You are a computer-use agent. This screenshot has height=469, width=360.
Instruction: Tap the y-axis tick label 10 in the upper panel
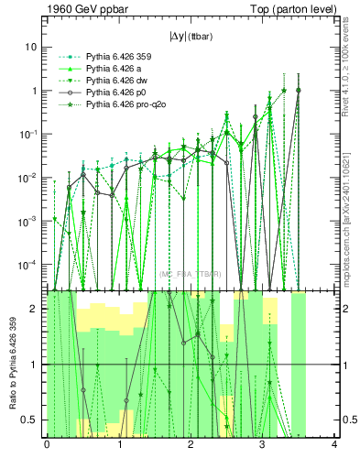pyautogui.click(x=30, y=47)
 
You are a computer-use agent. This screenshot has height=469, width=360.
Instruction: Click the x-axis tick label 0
pyautogui.click(x=47, y=445)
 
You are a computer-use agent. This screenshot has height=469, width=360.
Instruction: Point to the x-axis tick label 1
pyautogui.click(x=118, y=445)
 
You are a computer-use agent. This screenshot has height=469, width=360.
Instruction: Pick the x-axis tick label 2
pyautogui.click(x=191, y=445)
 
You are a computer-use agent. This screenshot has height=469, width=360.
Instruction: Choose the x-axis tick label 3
pyautogui.click(x=262, y=445)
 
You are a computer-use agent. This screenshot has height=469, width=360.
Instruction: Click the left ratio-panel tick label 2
pyautogui.click(x=34, y=309)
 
